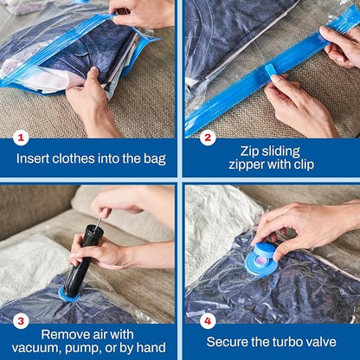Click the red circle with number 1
point(22,138)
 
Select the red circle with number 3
point(22,320)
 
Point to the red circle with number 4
point(207,320)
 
